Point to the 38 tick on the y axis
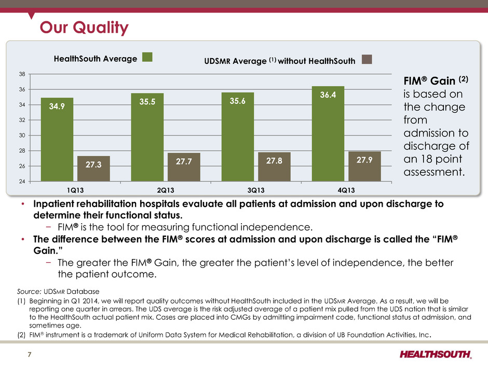point(22,74)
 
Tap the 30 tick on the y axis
point(22,135)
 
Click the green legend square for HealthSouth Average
point(147,58)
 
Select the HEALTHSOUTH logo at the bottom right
point(436,355)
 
